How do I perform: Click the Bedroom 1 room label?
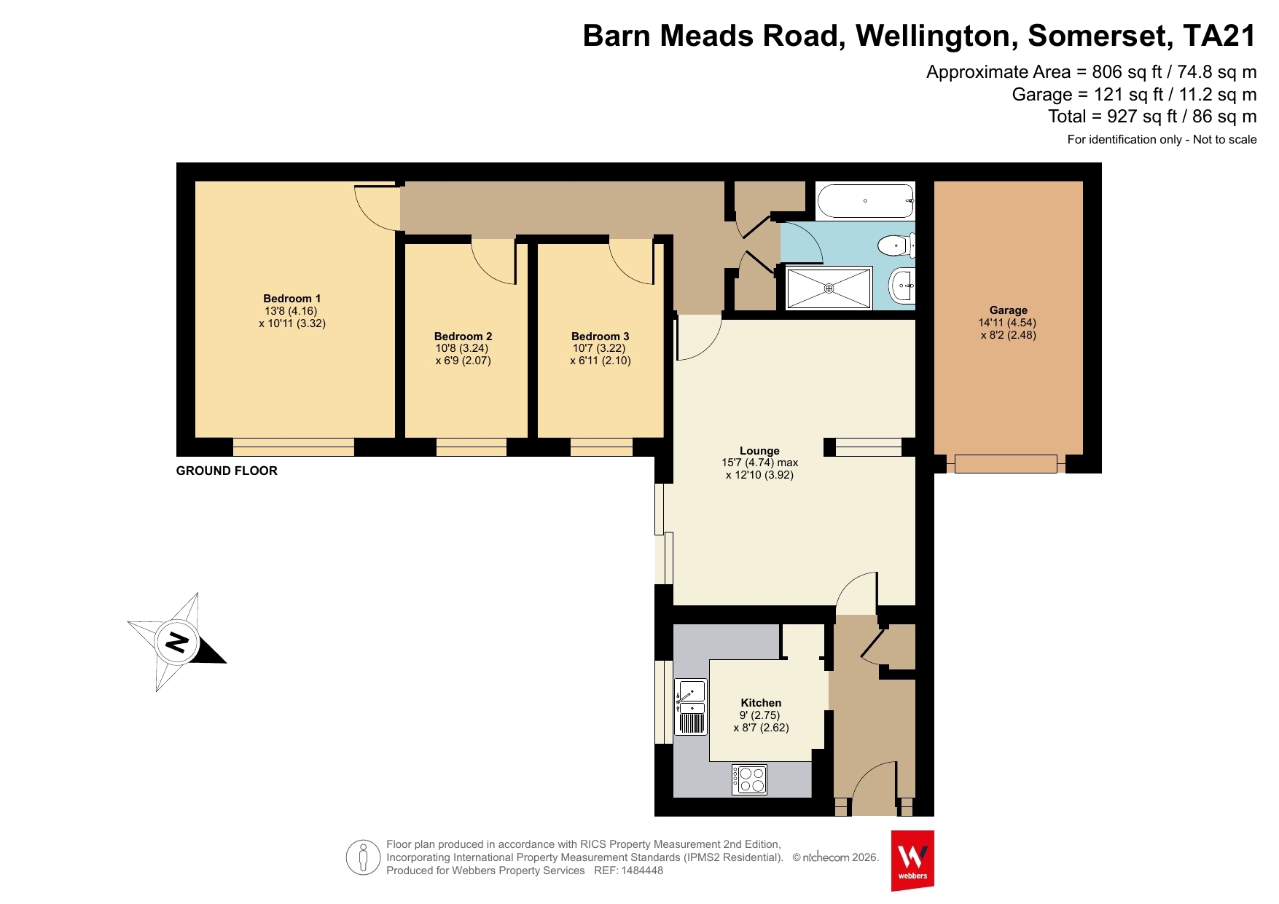tap(292, 299)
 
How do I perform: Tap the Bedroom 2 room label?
tap(463, 337)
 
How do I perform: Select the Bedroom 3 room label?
tap(600, 337)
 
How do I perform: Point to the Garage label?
tap(1008, 310)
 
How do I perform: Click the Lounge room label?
tap(759, 451)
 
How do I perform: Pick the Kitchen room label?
tap(761, 703)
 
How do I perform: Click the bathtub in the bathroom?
tap(866, 201)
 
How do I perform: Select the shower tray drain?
tap(829, 288)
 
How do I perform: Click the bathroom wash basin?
tap(902, 286)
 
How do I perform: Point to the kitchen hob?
tap(750, 779)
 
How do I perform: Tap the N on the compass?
tap(177, 642)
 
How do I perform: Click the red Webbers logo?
tap(912, 860)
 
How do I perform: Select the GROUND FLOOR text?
tap(227, 471)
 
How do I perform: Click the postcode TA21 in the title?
tap(1219, 36)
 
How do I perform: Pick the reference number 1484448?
tap(642, 870)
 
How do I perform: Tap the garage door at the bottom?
tap(1006, 463)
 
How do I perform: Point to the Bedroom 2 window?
tap(472, 447)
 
